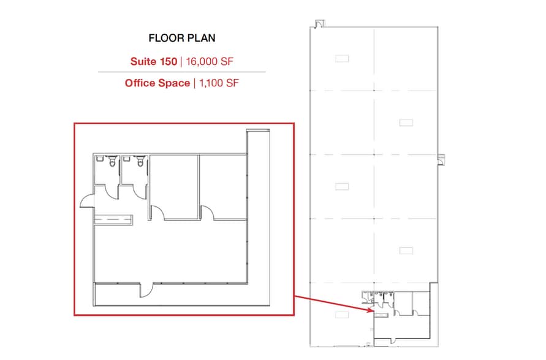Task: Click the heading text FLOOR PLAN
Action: [182, 38]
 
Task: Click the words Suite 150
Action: [153, 61]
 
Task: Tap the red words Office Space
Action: [157, 83]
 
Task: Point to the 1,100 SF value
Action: [216, 83]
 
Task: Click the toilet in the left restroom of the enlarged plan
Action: [112, 162]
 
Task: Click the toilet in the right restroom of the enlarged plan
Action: [140, 162]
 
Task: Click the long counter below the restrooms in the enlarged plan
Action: [113, 218]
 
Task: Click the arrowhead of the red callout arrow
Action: [370, 311]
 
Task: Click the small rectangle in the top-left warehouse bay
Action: [342, 59]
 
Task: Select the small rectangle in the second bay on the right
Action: [406, 122]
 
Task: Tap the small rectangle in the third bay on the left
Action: [342, 187]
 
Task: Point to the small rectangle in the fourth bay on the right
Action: [406, 250]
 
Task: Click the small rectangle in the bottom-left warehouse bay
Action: [342, 313]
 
